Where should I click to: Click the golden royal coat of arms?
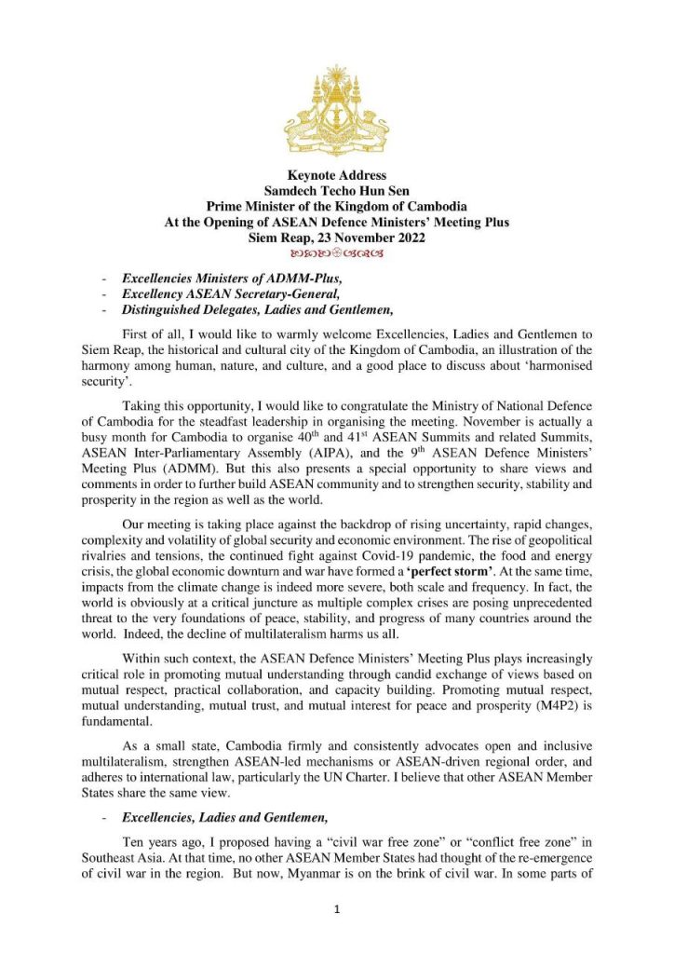(x=336, y=101)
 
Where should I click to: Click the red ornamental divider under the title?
(x=336, y=252)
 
